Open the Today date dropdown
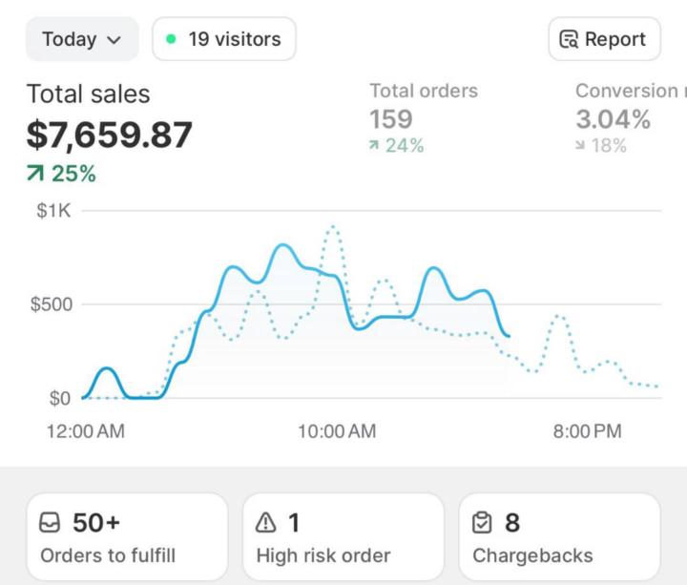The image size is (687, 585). tap(82, 39)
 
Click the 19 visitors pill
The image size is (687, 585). tap(223, 39)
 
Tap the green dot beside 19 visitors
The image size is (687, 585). tap(171, 39)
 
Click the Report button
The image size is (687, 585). tap(603, 39)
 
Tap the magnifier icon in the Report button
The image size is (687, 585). tap(570, 39)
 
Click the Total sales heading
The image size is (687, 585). tap(88, 94)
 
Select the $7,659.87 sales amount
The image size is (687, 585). tap(109, 135)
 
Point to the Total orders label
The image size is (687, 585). tap(424, 91)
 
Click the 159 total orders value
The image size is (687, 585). tap(391, 119)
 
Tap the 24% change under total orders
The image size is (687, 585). tap(397, 145)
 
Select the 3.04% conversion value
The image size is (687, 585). tap(613, 119)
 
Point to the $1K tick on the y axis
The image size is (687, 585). tap(53, 211)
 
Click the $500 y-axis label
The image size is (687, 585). tap(51, 304)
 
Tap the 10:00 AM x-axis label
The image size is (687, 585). tap(337, 431)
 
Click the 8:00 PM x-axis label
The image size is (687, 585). tap(587, 431)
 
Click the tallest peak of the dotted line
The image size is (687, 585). tap(332, 227)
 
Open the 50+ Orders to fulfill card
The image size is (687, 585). tap(127, 536)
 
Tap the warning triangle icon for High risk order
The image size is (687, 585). tap(266, 523)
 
